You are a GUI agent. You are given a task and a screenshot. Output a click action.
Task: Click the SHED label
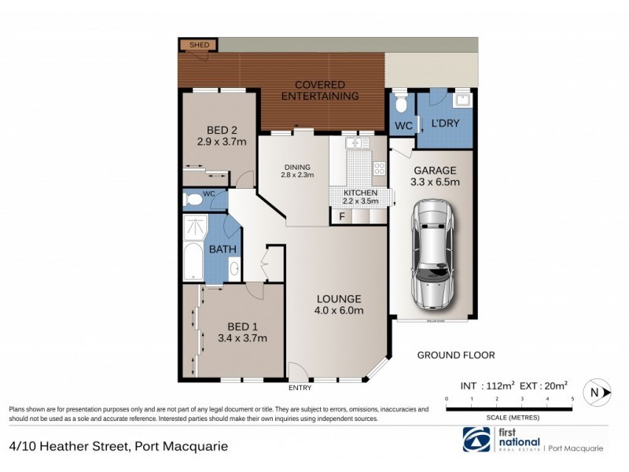(x=198, y=46)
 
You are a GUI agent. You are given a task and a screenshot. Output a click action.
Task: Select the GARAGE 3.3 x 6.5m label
(x=434, y=176)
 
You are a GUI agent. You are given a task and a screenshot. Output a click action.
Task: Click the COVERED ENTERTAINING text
(x=326, y=90)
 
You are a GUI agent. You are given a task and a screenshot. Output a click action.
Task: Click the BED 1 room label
(x=244, y=333)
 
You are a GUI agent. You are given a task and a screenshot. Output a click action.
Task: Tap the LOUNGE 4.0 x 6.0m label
(x=339, y=304)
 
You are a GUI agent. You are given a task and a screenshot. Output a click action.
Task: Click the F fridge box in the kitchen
(x=341, y=217)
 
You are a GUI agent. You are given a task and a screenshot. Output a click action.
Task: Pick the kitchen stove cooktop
(x=378, y=168)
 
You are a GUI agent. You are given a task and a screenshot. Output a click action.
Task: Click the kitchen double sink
(x=357, y=143)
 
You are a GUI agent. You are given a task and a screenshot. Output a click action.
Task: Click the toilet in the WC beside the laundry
(x=401, y=104)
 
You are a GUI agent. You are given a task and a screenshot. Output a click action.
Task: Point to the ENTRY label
(x=300, y=388)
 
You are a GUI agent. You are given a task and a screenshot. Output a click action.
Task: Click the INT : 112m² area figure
(x=487, y=385)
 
